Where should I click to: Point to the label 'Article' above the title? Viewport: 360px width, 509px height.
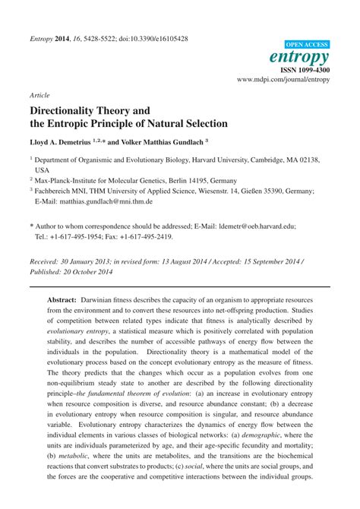point(39,96)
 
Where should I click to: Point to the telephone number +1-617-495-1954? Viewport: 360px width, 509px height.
point(81,236)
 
